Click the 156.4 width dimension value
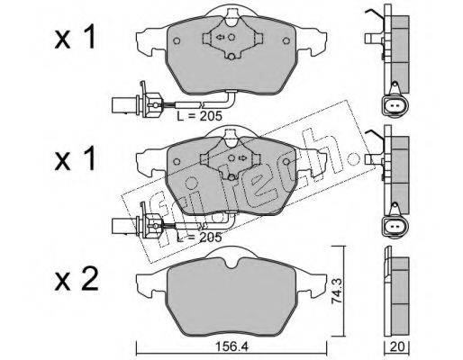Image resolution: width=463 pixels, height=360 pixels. [x=231, y=347]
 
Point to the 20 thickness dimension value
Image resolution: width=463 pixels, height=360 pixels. [x=397, y=346]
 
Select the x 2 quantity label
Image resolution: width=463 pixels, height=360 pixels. [x=77, y=279]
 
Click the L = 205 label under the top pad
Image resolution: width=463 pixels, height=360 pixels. [x=199, y=115]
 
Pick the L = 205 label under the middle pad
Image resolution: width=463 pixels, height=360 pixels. [x=199, y=237]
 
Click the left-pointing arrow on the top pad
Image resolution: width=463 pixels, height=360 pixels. [x=220, y=37]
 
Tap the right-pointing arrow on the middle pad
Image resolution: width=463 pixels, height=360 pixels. [x=242, y=157]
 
